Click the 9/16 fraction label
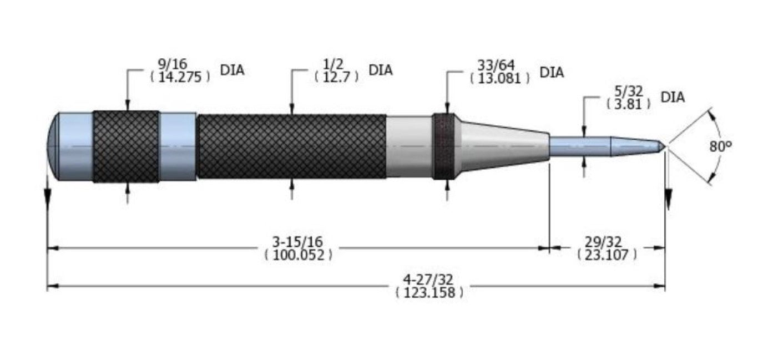[x=173, y=64]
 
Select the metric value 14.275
[x=180, y=77]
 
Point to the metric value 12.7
[x=336, y=77]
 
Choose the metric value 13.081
[x=500, y=79]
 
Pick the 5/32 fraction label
[x=628, y=92]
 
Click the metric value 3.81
[x=628, y=104]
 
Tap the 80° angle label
[x=721, y=146]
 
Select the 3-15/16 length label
[x=298, y=242]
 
